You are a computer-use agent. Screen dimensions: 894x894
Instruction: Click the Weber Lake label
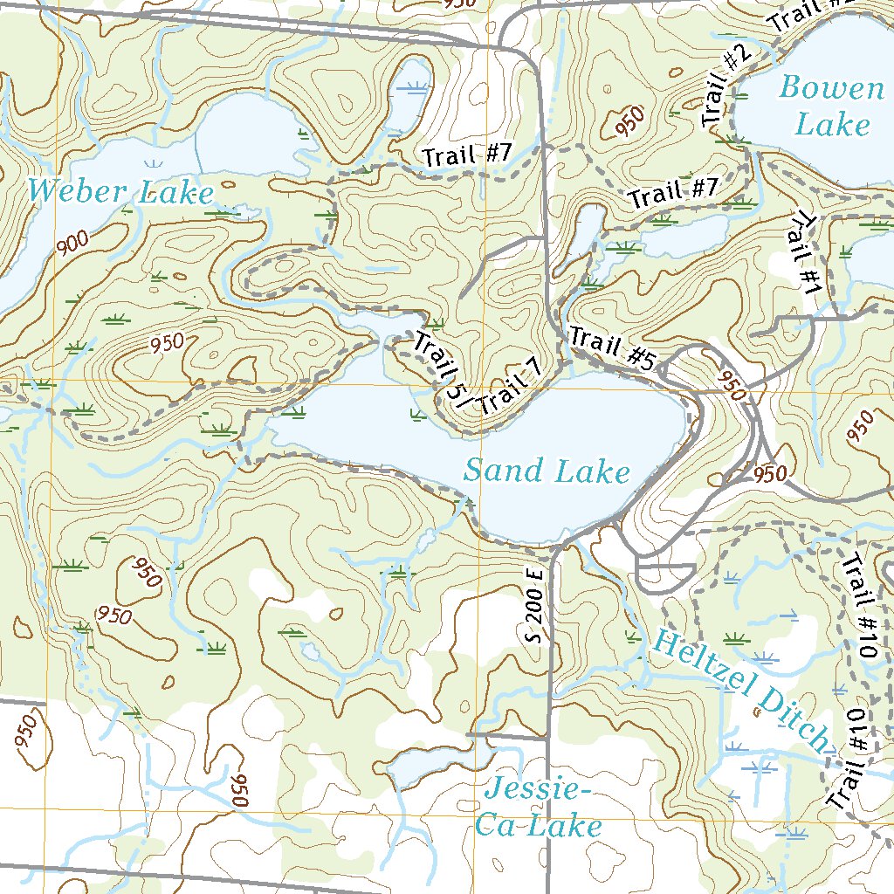[120, 191]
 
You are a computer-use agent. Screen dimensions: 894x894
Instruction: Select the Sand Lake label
[547, 471]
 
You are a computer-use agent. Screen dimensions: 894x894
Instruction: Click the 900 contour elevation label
[75, 246]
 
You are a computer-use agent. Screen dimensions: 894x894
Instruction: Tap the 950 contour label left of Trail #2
[629, 120]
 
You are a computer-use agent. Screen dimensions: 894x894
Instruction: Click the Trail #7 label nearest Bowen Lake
[673, 192]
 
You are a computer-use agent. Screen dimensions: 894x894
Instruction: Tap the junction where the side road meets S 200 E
[548, 738]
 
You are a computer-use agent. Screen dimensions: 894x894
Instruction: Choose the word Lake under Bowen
[832, 124]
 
